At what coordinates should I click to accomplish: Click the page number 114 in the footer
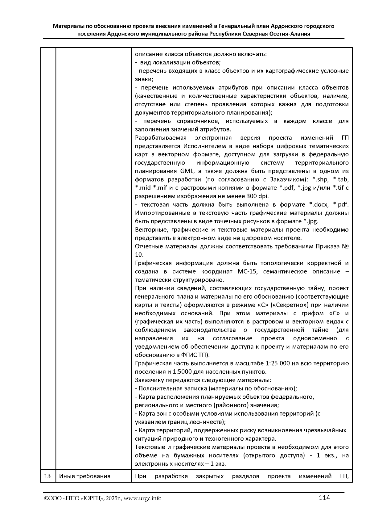click(x=324, y=498)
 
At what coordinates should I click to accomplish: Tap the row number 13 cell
click(x=47, y=476)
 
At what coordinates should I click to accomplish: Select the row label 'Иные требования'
click(x=84, y=476)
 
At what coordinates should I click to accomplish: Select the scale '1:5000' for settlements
click(x=180, y=372)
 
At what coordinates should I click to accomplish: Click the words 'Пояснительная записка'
click(x=170, y=388)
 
